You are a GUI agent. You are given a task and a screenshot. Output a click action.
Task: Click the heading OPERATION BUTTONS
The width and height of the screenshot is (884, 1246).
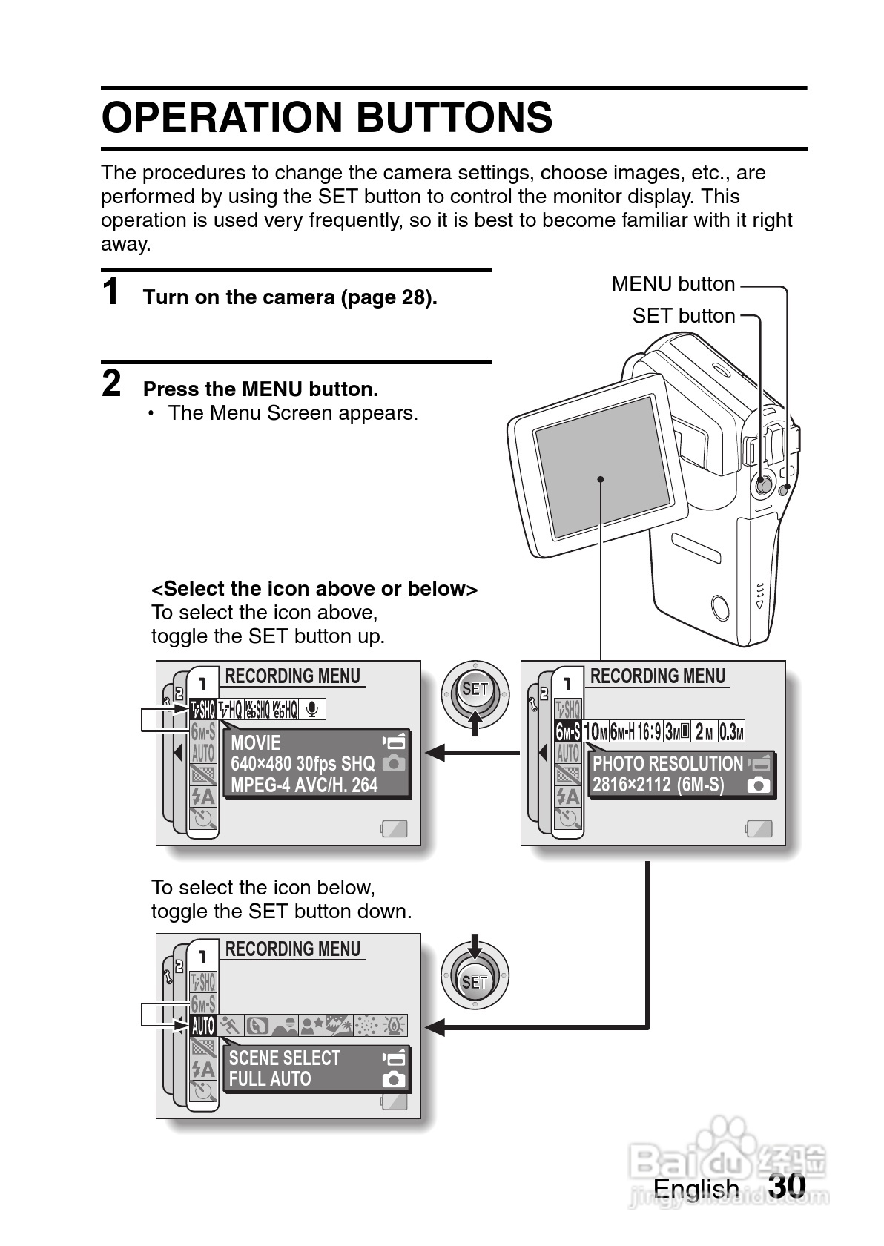(x=327, y=118)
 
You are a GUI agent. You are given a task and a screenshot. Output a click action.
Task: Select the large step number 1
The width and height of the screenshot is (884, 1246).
(x=111, y=291)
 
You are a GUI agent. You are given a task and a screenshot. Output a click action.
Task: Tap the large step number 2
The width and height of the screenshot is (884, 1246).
(x=111, y=383)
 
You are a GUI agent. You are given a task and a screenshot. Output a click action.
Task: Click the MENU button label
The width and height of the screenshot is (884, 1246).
(x=673, y=284)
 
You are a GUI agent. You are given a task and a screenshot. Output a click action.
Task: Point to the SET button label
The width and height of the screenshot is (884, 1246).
(x=683, y=316)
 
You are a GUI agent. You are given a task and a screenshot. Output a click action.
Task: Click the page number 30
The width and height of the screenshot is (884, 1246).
(x=787, y=1185)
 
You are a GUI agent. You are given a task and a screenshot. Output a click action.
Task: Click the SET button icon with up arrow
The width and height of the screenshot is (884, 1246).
(x=475, y=694)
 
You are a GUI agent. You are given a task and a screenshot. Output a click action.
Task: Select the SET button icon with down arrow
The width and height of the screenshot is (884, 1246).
(x=475, y=975)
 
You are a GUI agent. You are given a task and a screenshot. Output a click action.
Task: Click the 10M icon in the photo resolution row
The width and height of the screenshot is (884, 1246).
(x=596, y=732)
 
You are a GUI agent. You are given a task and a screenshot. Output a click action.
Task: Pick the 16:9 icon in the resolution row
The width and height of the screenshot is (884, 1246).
(x=649, y=732)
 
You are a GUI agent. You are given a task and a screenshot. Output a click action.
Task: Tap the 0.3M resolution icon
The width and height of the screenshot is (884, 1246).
(x=731, y=732)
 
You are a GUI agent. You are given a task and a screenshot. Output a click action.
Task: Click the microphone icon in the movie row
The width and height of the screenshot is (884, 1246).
(x=312, y=710)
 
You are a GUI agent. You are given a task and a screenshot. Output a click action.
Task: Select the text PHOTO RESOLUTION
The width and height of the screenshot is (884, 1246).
(x=667, y=764)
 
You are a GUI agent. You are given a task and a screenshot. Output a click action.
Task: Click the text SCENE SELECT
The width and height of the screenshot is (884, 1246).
(x=284, y=1058)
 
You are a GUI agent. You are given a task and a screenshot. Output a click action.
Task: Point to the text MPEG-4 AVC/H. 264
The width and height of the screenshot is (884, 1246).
(x=304, y=785)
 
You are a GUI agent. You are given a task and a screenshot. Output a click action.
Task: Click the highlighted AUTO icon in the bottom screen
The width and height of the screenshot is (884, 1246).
(x=202, y=1026)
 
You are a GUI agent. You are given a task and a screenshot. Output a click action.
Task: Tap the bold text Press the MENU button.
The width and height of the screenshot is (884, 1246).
(x=260, y=389)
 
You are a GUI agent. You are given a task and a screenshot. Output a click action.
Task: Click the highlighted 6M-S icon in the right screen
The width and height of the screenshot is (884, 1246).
(x=568, y=732)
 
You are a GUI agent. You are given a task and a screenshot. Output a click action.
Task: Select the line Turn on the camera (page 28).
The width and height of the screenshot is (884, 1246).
(x=290, y=297)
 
